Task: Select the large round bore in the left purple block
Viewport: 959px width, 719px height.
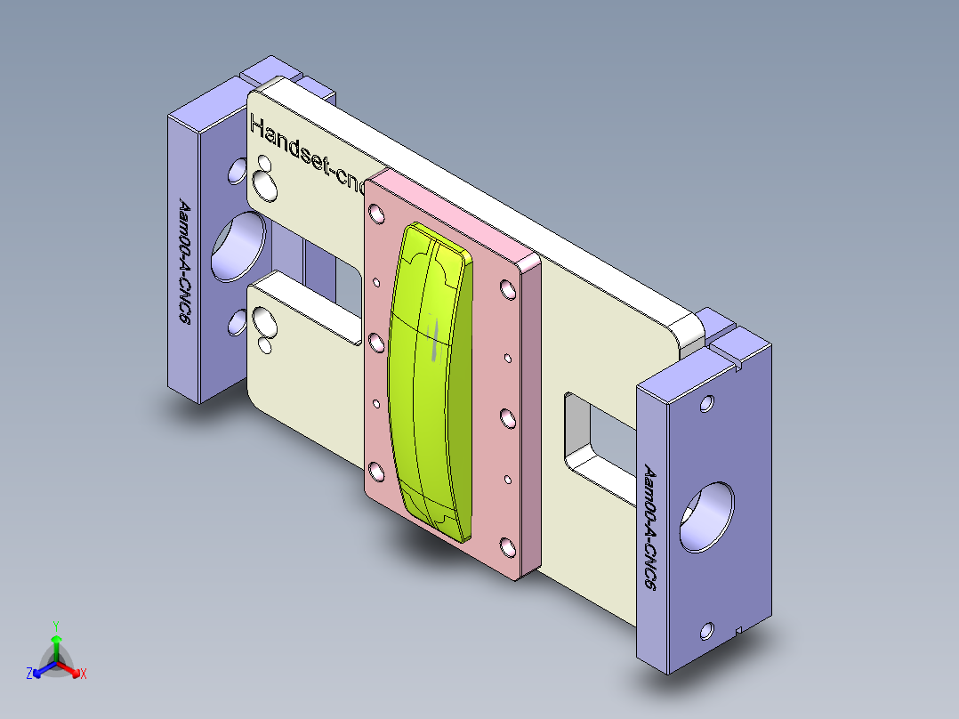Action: click(238, 245)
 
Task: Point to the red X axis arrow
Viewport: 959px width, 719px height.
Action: click(76, 668)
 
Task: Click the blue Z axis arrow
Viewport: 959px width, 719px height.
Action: click(36, 670)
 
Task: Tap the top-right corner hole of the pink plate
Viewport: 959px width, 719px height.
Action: click(506, 290)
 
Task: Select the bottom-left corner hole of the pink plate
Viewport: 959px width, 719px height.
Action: click(375, 470)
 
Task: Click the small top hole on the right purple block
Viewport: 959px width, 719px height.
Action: click(707, 403)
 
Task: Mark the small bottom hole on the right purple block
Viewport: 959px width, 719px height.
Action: click(707, 631)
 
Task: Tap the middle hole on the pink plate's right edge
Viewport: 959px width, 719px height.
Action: click(506, 417)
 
